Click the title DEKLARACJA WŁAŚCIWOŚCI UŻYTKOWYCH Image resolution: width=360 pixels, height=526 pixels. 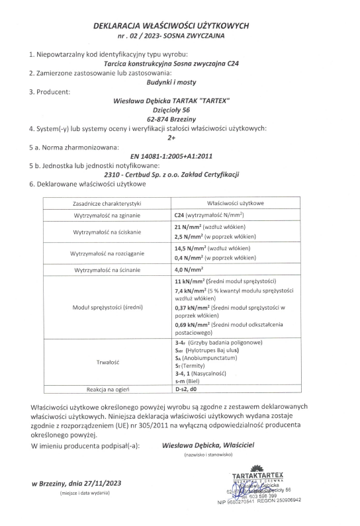pos(180,24)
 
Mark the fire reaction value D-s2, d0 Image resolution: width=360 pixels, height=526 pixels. pos(188,390)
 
